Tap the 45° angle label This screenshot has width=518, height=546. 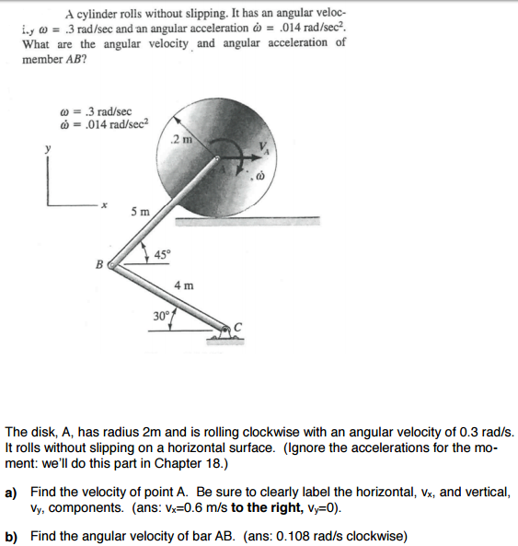coord(161,254)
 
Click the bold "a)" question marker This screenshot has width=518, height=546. coord(12,492)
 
